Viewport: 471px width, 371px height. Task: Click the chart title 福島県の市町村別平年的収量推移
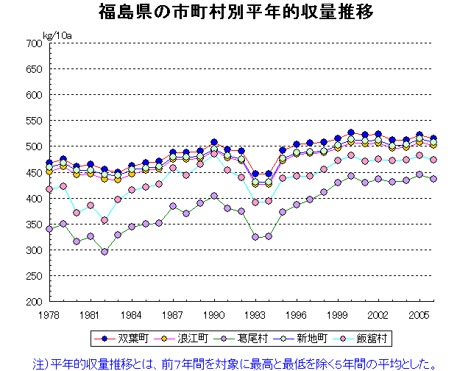tap(235, 13)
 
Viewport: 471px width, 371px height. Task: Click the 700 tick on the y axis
tap(33, 43)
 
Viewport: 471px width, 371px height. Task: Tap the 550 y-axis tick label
tap(33, 121)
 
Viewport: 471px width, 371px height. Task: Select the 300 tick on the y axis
tap(33, 250)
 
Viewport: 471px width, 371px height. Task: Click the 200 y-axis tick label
tap(33, 302)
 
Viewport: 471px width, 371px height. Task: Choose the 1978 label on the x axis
tap(49, 314)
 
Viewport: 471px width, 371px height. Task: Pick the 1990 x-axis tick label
tap(214, 314)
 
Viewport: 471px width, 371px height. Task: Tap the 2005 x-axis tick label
tap(420, 314)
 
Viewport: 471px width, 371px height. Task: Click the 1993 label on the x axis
tap(255, 314)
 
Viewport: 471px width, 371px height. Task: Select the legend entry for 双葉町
tap(124, 339)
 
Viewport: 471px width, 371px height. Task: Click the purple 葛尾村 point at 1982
tap(105, 252)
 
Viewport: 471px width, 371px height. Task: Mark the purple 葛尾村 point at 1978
tap(49, 229)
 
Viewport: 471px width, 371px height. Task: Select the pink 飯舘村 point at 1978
tap(49, 189)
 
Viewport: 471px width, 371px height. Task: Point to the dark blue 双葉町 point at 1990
tap(214, 142)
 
